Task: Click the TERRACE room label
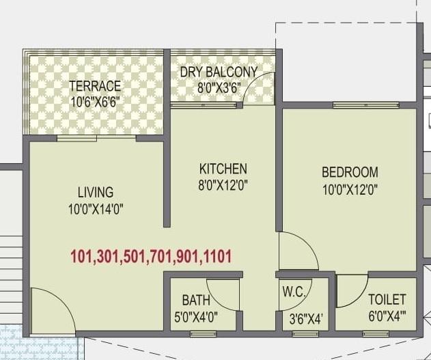point(95,85)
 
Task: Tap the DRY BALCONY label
point(218,72)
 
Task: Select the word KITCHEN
point(223,168)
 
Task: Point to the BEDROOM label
point(350,171)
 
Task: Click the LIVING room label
point(95,193)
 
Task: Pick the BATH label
point(195,300)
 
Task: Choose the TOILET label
point(387,299)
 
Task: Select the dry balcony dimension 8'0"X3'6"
point(218,87)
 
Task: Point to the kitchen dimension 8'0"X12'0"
point(223,184)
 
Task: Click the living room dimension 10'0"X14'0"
point(95,208)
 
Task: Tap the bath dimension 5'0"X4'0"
point(195,316)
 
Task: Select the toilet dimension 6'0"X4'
point(387,316)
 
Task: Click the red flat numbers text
point(151,257)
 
